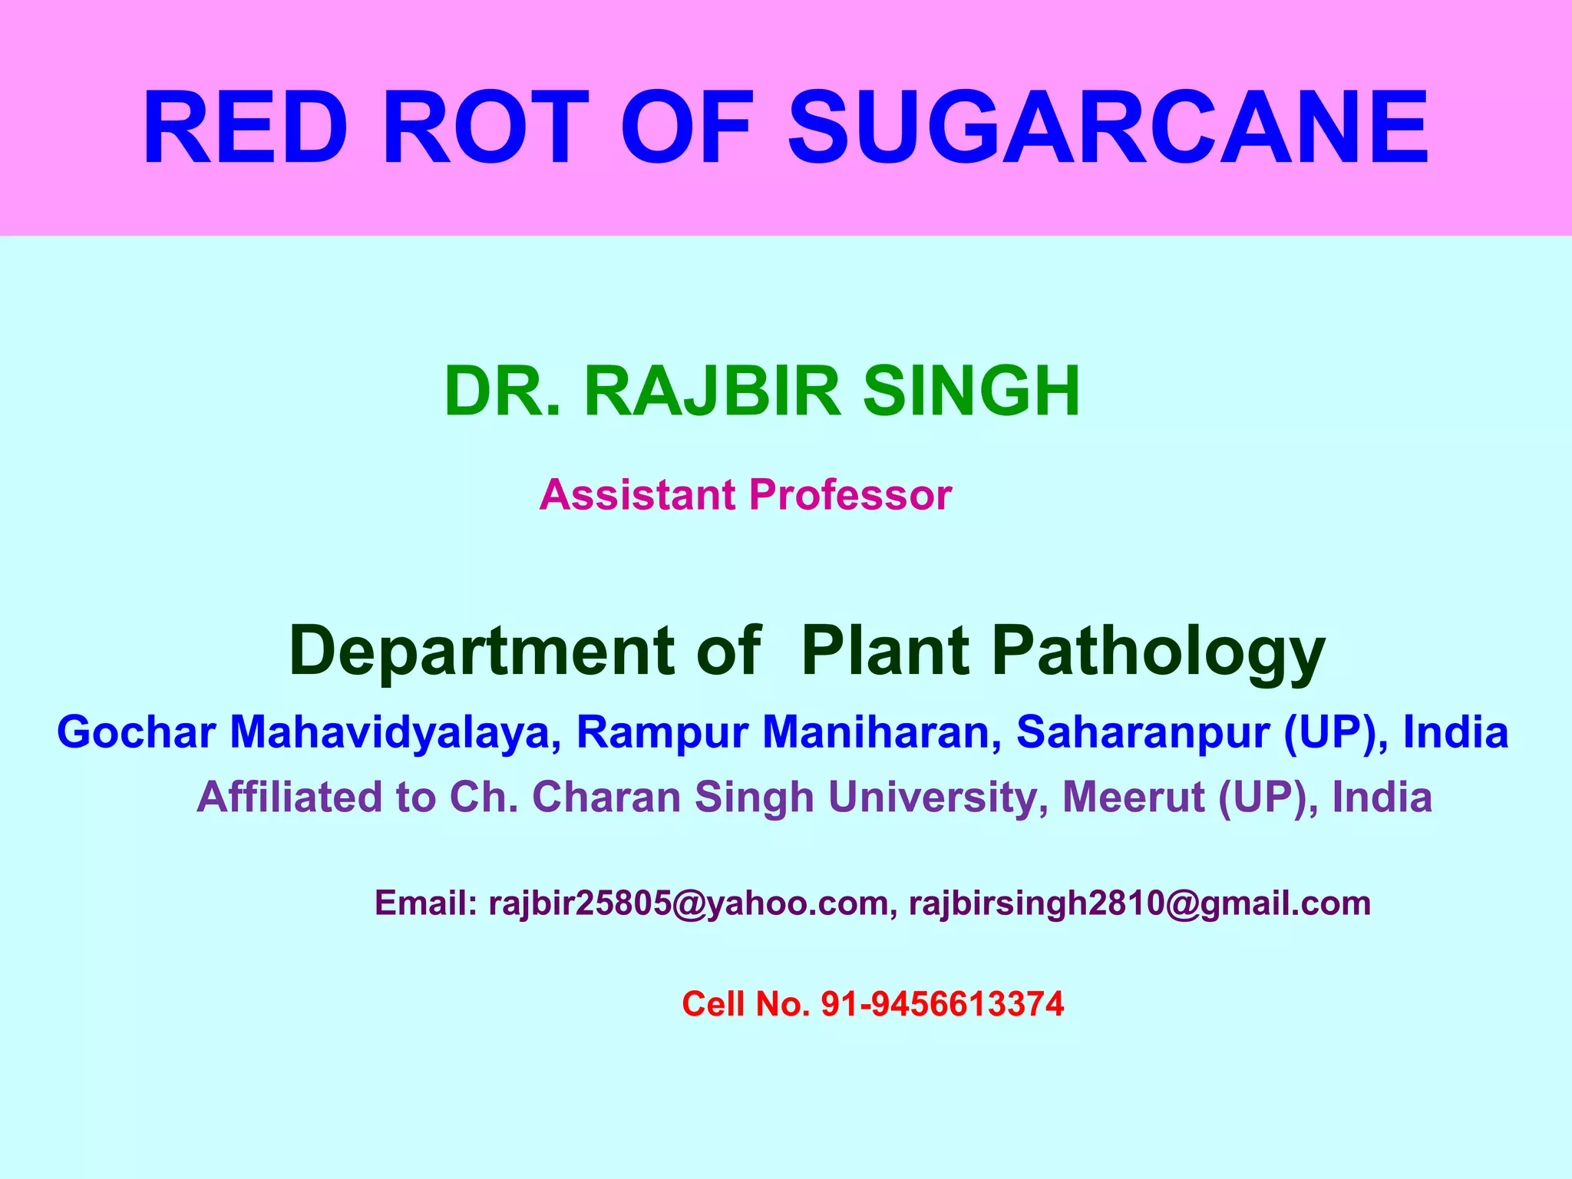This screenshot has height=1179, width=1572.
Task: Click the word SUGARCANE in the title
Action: [1108, 128]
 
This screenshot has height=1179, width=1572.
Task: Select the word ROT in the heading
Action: [485, 128]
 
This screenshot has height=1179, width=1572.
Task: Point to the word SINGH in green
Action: [971, 391]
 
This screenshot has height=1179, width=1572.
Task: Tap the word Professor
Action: [850, 494]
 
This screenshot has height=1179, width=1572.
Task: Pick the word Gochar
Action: [136, 732]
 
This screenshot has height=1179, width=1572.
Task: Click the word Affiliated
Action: [290, 797]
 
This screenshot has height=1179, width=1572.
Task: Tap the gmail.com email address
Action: [1140, 903]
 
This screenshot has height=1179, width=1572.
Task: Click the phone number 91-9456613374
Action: [943, 1004]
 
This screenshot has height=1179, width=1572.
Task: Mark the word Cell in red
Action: [713, 1004]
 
